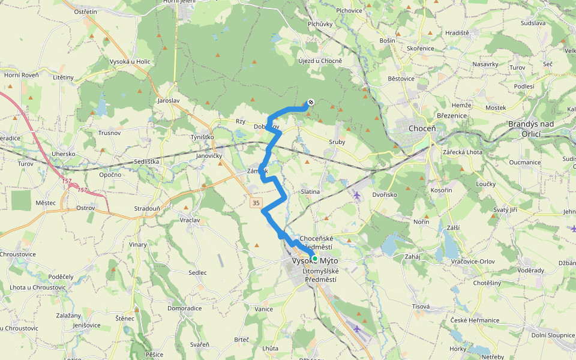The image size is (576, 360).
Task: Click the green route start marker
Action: coord(314,259)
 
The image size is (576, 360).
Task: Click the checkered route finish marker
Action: coord(311,102)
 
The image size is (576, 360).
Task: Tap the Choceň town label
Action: coord(421,128)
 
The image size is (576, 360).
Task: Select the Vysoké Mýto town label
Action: coord(315,262)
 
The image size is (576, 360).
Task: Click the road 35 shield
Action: coord(256,203)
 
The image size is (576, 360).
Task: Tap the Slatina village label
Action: coord(310,191)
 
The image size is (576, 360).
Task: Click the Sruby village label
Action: coord(337,142)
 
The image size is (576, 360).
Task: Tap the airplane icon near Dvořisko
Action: coord(358,194)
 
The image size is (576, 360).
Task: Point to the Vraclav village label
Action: coord(190,220)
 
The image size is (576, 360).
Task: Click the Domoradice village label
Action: coord(184,308)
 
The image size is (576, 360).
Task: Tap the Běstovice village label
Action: coord(401,79)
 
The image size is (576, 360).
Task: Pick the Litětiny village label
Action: coord(63,77)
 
